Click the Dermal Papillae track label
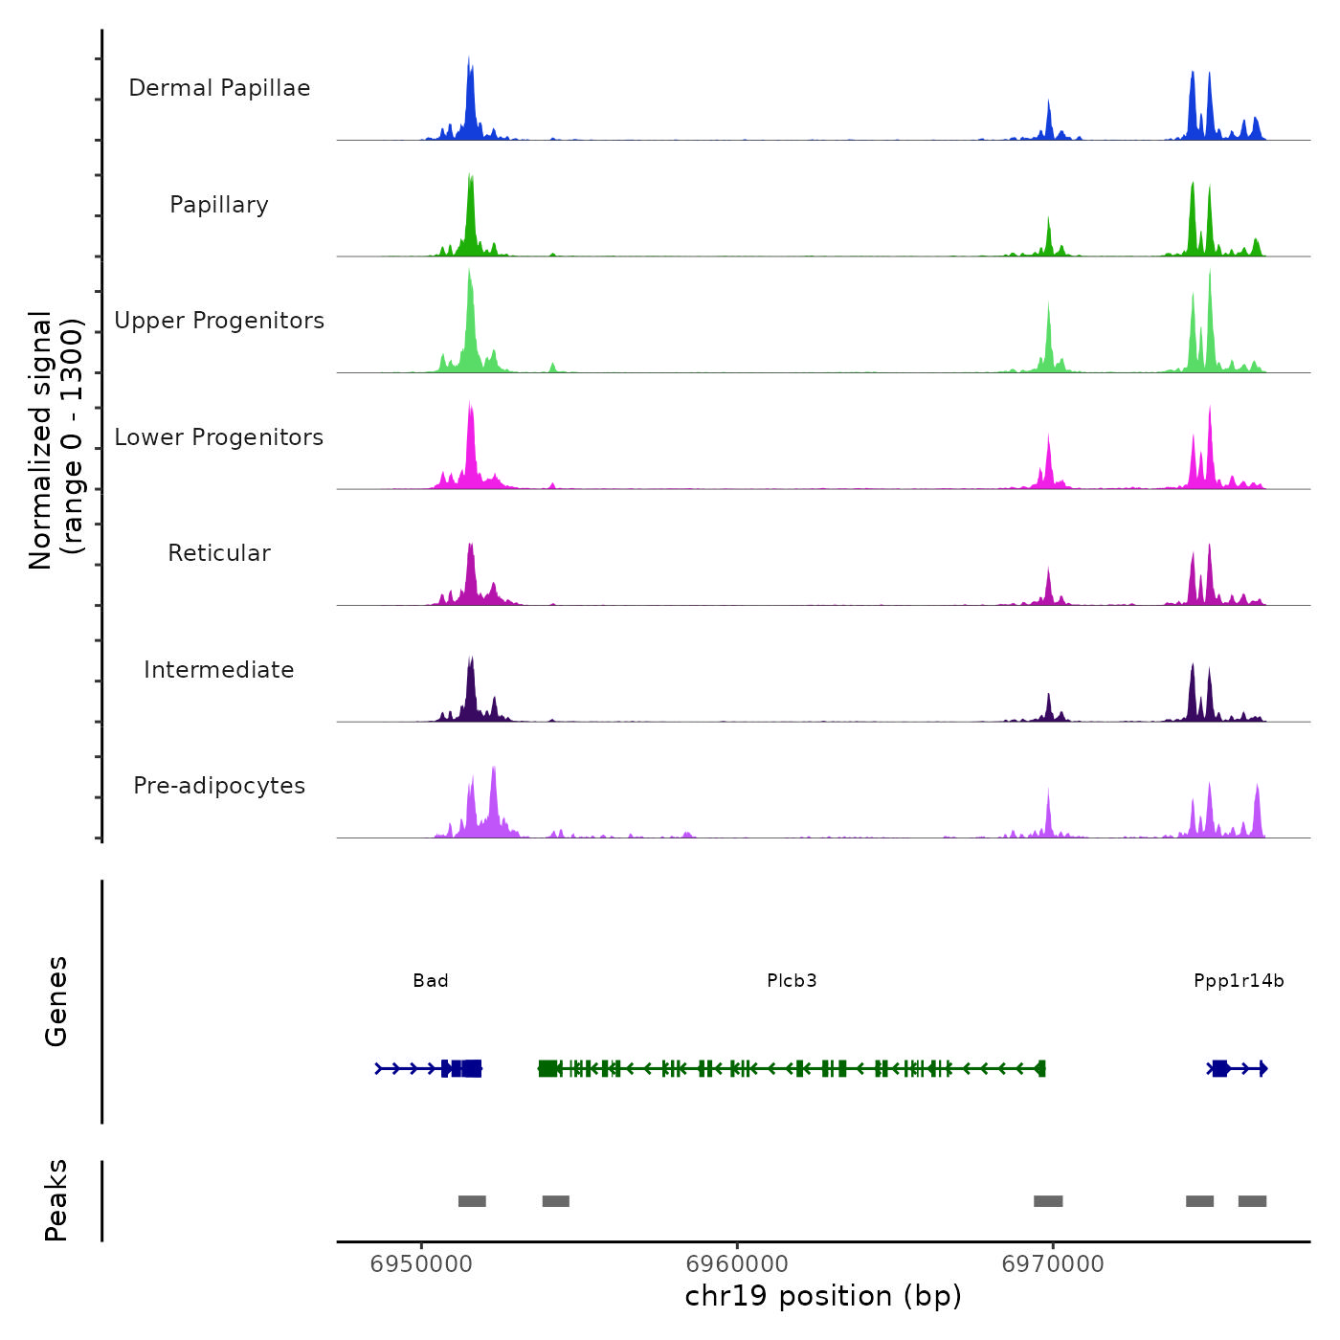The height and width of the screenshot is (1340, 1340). click(219, 88)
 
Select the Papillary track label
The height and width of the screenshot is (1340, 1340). click(219, 205)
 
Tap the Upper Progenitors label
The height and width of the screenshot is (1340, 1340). click(219, 321)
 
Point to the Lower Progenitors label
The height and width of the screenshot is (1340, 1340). click(219, 437)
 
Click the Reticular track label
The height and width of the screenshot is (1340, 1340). click(219, 553)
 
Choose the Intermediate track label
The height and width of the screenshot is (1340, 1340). click(219, 670)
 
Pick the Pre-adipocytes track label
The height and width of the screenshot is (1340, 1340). click(219, 786)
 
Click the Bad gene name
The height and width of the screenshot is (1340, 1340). click(431, 980)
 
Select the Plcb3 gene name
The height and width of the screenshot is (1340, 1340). click(792, 980)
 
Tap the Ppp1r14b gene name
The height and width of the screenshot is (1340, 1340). click(1239, 980)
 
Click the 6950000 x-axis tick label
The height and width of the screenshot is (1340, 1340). click(421, 1264)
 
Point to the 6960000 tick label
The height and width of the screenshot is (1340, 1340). click(737, 1264)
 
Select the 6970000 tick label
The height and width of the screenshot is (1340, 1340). click(1053, 1264)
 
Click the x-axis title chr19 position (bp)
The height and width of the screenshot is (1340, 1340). click(823, 1296)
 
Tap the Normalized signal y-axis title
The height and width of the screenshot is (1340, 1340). click(56, 440)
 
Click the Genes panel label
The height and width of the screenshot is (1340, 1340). click(56, 1001)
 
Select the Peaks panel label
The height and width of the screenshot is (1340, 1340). click(56, 1200)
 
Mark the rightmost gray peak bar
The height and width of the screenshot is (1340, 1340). click(1252, 1201)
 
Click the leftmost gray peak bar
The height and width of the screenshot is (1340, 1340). click(472, 1201)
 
